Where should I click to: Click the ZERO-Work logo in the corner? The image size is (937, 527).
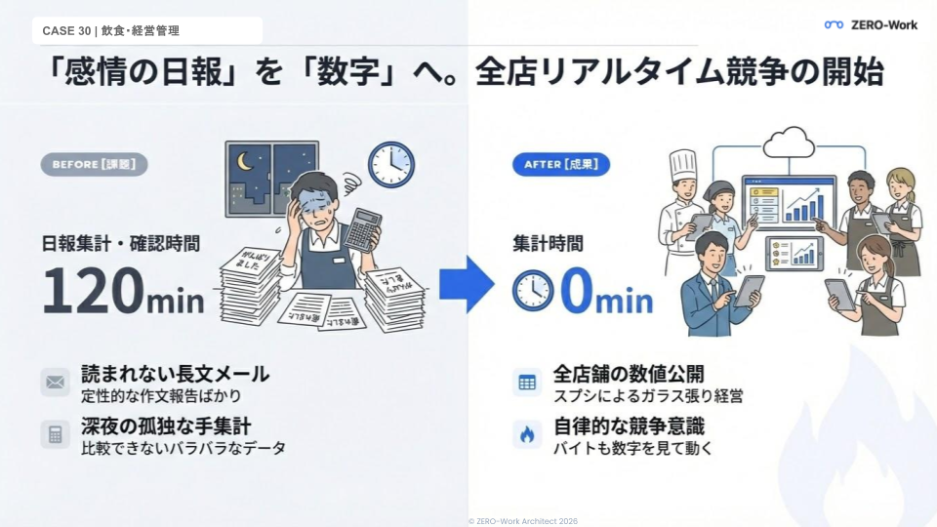(x=871, y=25)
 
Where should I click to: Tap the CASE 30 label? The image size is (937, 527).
(x=110, y=31)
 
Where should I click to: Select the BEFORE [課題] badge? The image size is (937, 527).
(x=94, y=165)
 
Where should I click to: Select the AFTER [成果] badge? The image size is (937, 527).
(x=561, y=165)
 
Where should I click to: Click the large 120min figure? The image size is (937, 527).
(x=122, y=290)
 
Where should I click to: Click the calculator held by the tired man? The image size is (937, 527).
(x=362, y=231)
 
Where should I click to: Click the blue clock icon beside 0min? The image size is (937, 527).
(x=533, y=290)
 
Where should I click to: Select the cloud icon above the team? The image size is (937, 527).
(x=789, y=143)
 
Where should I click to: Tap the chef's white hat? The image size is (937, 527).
(x=682, y=163)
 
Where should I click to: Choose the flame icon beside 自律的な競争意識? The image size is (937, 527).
(x=527, y=434)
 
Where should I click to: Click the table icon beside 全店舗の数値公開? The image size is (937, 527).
(x=527, y=383)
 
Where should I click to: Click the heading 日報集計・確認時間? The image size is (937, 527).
(x=120, y=243)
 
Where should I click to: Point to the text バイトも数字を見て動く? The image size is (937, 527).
(x=632, y=449)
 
